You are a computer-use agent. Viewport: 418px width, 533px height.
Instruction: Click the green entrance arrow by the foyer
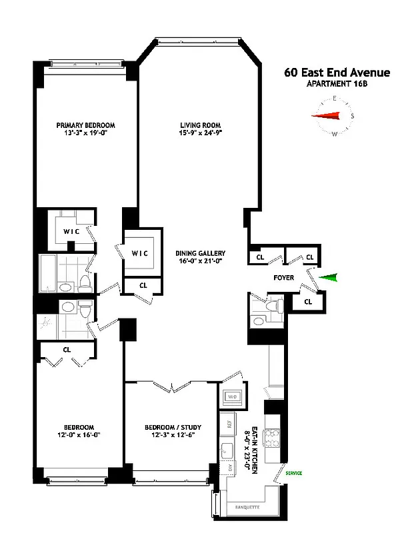[329, 278]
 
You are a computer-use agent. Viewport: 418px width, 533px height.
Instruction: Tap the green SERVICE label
[293, 473]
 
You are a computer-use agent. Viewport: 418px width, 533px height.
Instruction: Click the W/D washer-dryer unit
[233, 396]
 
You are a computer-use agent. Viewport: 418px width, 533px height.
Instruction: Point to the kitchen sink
[227, 448]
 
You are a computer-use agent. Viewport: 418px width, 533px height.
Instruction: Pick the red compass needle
[327, 116]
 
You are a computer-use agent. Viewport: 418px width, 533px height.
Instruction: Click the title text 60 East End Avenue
[337, 73]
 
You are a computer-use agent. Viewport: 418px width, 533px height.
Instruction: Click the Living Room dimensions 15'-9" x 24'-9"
[200, 134]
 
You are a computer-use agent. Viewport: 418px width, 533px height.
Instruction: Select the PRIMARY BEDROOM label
[85, 125]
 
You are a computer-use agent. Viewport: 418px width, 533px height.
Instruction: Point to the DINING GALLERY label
[200, 253]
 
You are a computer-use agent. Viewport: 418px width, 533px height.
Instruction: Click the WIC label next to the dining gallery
[139, 254]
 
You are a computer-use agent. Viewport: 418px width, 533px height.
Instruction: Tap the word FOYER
[285, 276]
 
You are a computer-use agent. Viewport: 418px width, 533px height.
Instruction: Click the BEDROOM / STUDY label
[173, 427]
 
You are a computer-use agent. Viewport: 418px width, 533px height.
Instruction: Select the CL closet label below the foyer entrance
[307, 302]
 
